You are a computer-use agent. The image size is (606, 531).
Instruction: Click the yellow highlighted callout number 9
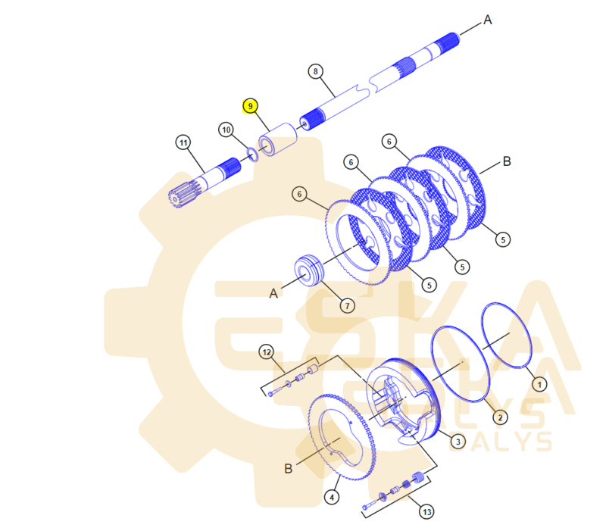tap(251, 106)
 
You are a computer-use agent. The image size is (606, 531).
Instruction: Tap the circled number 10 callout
tap(226, 130)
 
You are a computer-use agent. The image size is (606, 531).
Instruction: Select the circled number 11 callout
tap(183, 142)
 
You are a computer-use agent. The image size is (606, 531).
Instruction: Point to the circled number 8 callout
tap(316, 71)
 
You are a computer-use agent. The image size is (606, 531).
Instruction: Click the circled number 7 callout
tap(348, 306)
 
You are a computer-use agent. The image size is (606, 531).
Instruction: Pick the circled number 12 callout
tap(267, 352)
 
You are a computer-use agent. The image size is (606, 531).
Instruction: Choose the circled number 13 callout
tap(426, 512)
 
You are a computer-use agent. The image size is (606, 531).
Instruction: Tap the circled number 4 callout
tap(332, 498)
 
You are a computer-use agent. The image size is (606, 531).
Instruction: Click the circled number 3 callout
tap(458, 442)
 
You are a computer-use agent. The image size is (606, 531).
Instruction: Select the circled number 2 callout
tap(501, 417)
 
